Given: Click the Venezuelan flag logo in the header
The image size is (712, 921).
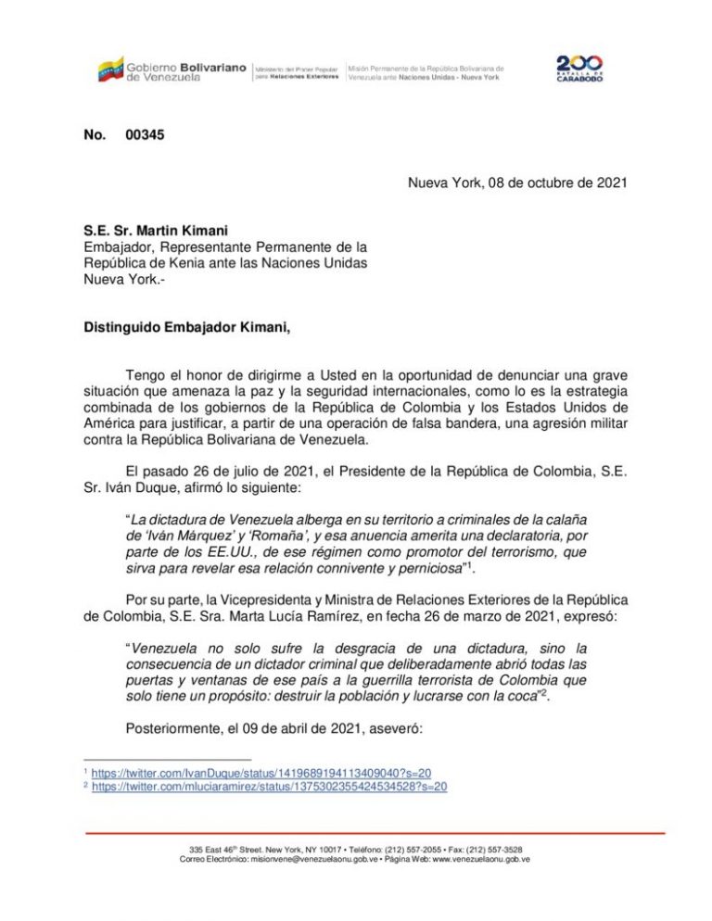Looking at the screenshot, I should [x=110, y=69].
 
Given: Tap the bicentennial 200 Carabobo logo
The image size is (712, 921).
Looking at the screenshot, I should [x=580, y=69].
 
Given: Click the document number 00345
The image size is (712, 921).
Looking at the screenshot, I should [x=145, y=135].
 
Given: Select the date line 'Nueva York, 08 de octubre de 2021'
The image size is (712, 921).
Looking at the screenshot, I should [x=517, y=183].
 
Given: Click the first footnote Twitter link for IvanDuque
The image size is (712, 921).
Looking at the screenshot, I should [x=261, y=773].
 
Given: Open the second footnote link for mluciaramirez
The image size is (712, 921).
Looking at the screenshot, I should [x=270, y=787].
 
